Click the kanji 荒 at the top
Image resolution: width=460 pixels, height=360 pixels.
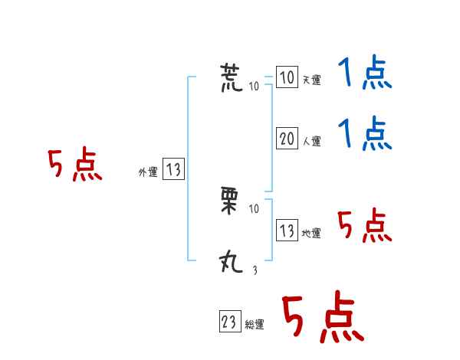(x=233, y=78)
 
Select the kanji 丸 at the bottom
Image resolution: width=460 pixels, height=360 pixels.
(x=232, y=263)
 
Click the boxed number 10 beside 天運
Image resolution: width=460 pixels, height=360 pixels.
(x=287, y=78)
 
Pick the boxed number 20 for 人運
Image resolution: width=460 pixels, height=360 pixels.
(x=287, y=139)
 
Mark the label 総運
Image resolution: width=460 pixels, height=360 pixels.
(x=255, y=326)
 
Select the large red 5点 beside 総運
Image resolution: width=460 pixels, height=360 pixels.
(x=322, y=318)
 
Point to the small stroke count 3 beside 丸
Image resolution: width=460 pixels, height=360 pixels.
(x=255, y=269)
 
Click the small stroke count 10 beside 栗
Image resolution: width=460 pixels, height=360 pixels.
(x=255, y=208)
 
